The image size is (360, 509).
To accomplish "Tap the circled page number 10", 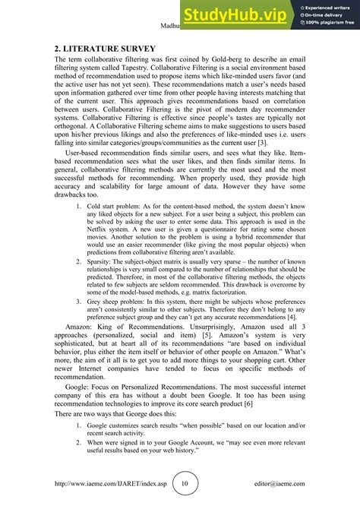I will pos(185,483).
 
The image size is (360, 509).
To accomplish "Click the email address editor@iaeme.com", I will pos(279,484).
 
